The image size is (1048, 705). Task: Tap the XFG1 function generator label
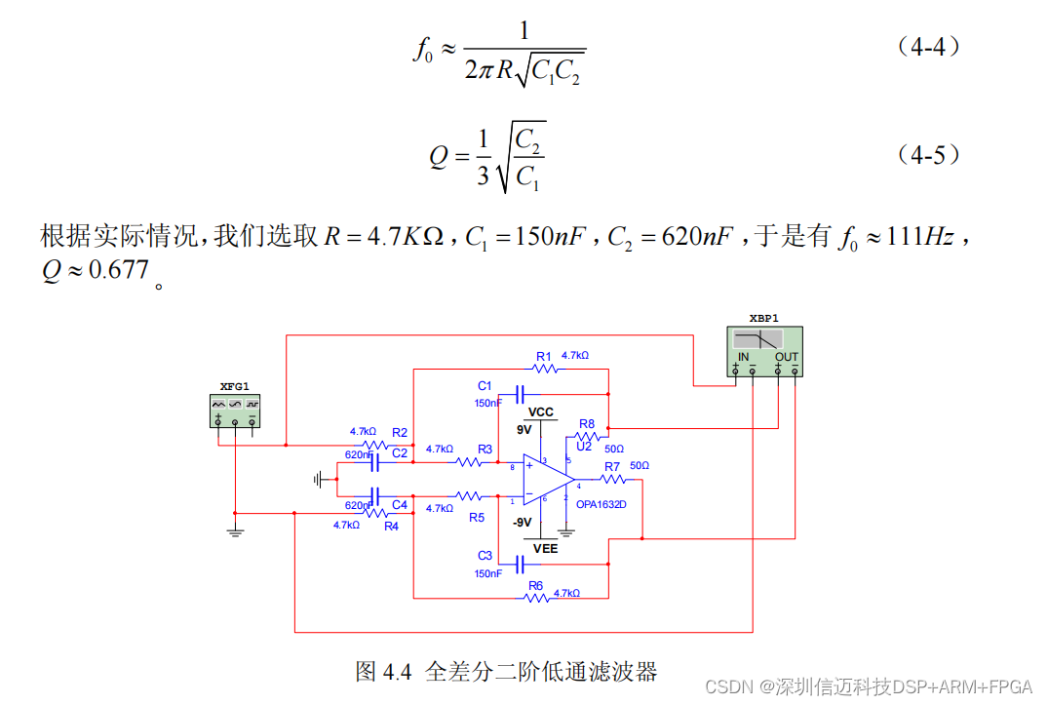click(x=235, y=386)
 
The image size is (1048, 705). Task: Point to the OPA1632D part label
click(x=602, y=505)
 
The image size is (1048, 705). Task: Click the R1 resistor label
click(x=544, y=356)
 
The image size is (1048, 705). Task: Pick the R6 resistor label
click(x=535, y=586)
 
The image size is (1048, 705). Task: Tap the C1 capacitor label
click(x=485, y=386)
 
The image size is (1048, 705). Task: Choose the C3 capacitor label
click(x=485, y=555)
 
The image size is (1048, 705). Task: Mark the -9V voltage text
click(x=522, y=523)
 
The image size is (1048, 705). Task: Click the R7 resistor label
click(x=612, y=467)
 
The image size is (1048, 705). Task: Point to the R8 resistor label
click(x=586, y=424)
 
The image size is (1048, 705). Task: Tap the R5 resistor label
click(x=476, y=518)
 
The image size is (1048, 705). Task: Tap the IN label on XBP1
click(x=744, y=357)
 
